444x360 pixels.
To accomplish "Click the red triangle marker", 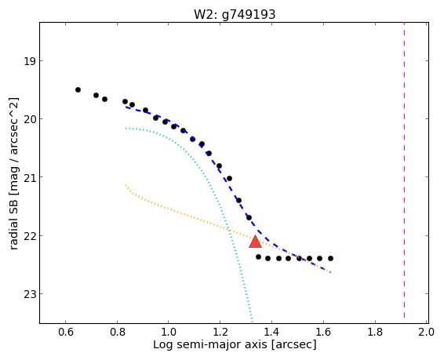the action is click(255, 242).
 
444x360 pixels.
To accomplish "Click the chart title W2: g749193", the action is click(235, 14).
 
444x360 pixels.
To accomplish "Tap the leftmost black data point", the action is click(78, 89).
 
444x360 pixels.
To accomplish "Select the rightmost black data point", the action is click(330, 258).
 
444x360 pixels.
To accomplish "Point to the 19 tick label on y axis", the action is click(30, 61).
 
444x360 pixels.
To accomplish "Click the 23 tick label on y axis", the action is click(30, 294).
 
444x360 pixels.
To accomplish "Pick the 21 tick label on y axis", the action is click(30, 177).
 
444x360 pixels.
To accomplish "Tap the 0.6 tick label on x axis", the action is click(65, 332).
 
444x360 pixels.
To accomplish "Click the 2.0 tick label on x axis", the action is click(427, 332).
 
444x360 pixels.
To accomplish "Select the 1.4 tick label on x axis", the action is click(272, 332).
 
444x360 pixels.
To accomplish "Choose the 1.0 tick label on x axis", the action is click(169, 332).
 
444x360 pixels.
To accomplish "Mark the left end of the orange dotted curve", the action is click(126, 185).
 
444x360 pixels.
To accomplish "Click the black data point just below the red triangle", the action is click(258, 257).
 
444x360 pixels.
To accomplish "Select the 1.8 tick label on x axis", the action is click(375, 332).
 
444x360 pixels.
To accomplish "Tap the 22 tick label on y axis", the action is click(30, 236).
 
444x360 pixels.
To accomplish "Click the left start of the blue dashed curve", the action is click(126, 107).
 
